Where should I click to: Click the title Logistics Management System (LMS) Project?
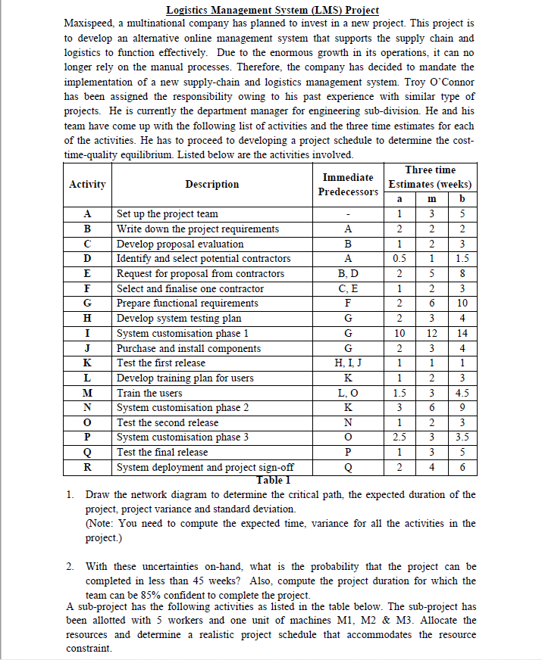[272, 10]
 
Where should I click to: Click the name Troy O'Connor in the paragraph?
[434, 82]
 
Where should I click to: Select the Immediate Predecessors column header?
[348, 184]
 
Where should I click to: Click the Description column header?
[211, 184]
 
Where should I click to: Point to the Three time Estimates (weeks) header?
[430, 176]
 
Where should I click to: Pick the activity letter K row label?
[87, 363]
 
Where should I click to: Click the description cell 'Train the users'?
[149, 393]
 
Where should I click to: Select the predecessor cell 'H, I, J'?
[348, 363]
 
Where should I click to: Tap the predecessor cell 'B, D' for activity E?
[348, 273]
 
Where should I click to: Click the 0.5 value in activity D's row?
[401, 259]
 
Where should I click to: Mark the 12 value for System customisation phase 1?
[430, 333]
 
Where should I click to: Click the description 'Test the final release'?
[162, 453]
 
